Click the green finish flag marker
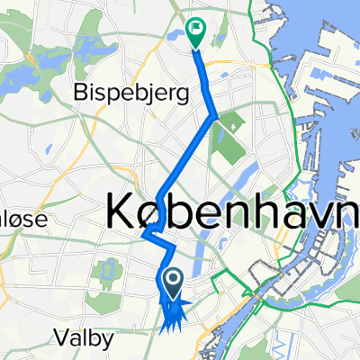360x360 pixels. pos(195,31)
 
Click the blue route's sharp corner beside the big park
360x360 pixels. pos(214,116)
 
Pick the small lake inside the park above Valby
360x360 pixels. pos(107,269)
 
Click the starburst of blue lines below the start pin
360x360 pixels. pos(172,315)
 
